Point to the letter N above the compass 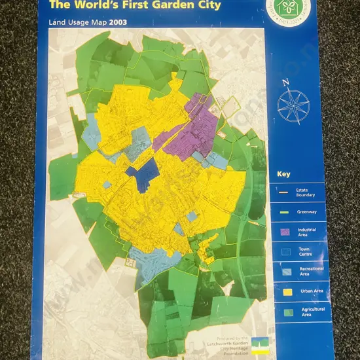coord(285,82)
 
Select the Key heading coord(283,174)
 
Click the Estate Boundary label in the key coord(306,192)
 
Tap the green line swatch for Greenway coord(283,211)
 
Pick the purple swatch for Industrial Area coord(284,231)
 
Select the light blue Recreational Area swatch coord(284,269)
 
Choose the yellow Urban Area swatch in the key coord(284,289)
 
